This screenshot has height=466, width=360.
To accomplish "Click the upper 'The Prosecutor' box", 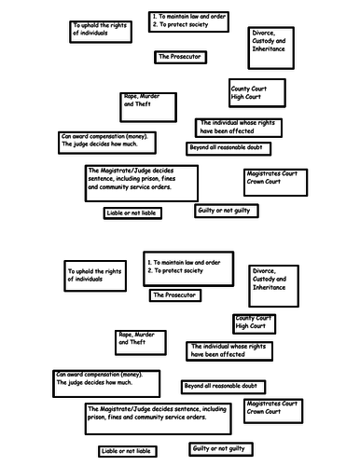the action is click(180, 58).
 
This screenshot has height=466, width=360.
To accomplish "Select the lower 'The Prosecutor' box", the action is click(175, 295).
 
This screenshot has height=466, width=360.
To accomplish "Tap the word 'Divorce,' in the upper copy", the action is click(263, 33).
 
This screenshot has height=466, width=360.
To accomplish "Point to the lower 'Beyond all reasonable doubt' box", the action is click(223, 387).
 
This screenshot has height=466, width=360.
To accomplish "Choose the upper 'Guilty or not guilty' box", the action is click(227, 211).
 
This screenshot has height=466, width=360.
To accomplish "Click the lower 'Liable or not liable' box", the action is click(128, 451).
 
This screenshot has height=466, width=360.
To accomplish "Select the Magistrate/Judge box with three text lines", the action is click(142, 184).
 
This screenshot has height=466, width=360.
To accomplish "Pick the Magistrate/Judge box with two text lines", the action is click(158, 418).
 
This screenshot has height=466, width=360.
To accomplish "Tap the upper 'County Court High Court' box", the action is click(257, 93).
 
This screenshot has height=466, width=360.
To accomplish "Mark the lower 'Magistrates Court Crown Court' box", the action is click(273, 411).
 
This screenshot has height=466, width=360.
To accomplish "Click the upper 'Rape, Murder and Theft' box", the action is click(148, 107).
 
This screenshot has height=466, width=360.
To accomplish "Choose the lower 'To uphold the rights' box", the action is click(95, 276).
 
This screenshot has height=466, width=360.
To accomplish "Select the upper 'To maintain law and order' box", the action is click(188, 21).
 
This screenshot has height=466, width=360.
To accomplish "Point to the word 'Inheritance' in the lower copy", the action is click(269, 287).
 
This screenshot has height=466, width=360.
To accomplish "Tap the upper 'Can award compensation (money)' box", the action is click(107, 143).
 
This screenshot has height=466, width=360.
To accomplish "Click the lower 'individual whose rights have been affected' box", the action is click(229, 351).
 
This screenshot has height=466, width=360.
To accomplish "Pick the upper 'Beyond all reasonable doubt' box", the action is click(228, 149).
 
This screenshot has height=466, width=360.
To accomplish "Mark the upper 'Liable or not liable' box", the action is click(132, 213).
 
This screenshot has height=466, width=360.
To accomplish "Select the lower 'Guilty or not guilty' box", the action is click(221, 449).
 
